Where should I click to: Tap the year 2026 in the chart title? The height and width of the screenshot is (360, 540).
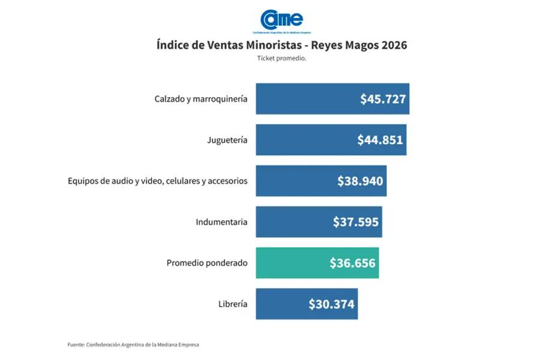click(x=394, y=46)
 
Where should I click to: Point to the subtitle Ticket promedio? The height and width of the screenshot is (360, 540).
click(x=281, y=58)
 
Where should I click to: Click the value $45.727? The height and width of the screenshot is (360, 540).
click(x=383, y=100)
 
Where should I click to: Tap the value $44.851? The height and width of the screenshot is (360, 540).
click(x=380, y=140)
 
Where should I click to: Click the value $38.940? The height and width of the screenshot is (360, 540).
click(x=360, y=181)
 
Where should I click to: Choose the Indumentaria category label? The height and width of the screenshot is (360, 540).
click(x=221, y=222)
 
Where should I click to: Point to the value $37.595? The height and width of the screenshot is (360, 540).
click(x=356, y=222)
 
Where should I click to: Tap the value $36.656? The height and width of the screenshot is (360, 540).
click(x=352, y=263)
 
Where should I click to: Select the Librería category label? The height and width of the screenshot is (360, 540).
click(x=233, y=304)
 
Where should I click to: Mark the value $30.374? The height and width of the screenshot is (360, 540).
click(x=332, y=304)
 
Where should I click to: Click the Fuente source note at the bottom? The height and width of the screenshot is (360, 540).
click(x=133, y=345)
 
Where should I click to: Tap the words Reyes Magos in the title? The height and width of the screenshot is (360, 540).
click(x=344, y=46)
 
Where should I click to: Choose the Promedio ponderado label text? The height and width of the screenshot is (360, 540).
click(x=207, y=263)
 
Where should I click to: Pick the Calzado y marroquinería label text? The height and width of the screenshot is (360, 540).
click(x=201, y=99)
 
